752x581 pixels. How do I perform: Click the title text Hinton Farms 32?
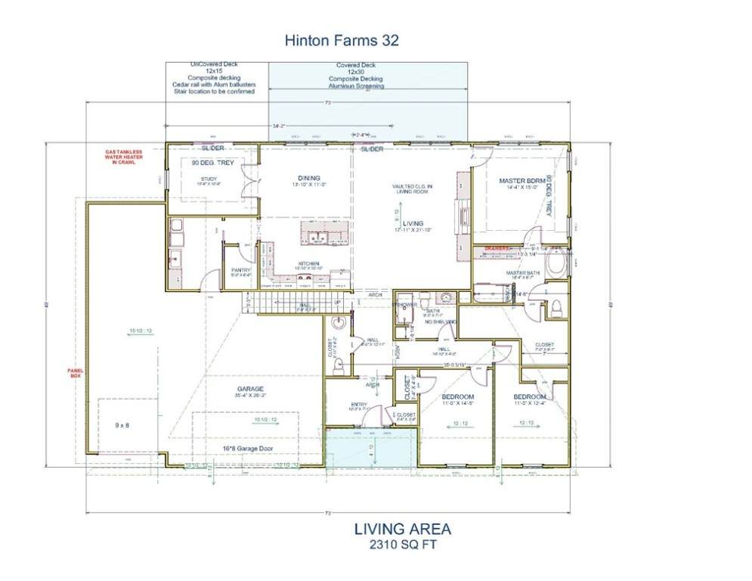[341, 40]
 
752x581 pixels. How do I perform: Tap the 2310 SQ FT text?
[403, 544]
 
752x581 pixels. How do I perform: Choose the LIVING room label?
[413, 223]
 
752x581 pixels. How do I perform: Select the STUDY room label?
[209, 179]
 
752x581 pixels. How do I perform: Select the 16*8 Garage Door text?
[247, 449]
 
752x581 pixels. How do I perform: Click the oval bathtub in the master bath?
[555, 268]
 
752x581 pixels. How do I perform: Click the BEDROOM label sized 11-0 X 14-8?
[457, 397]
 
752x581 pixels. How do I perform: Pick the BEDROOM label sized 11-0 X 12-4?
[530, 397]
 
